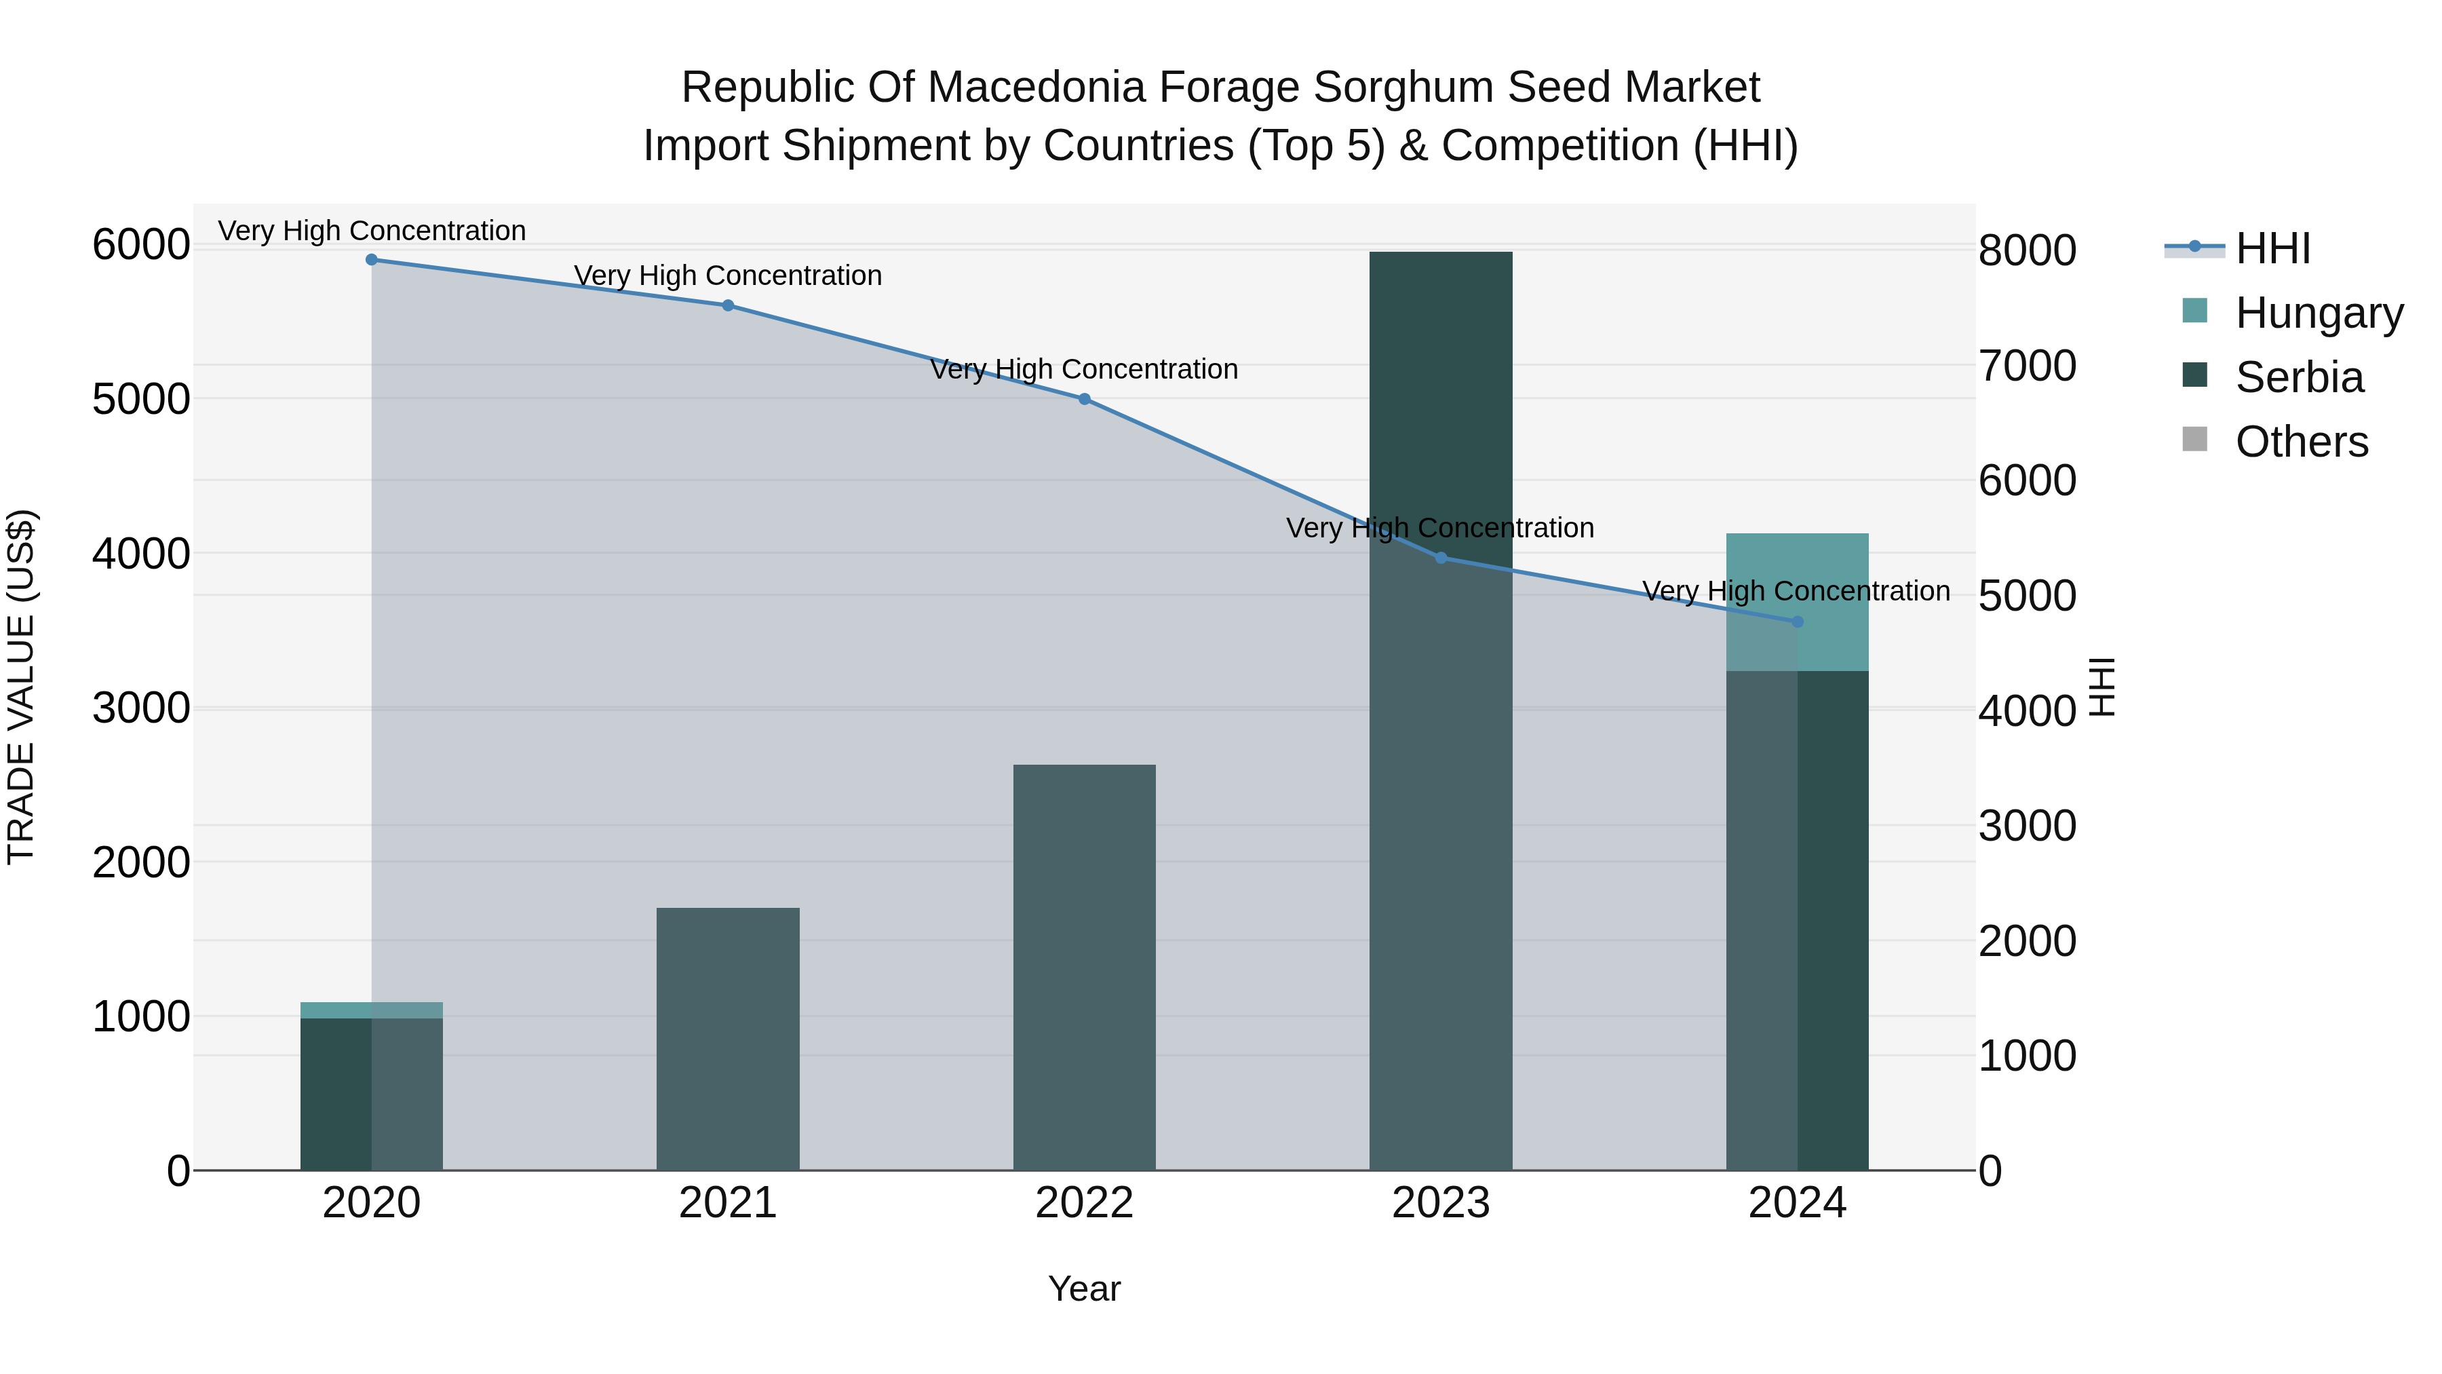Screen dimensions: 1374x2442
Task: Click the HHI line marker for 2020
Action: pyautogui.click(x=372, y=260)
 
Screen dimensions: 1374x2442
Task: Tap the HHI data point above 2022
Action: pyautogui.click(x=1085, y=399)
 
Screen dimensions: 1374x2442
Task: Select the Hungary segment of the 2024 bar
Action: pyautogui.click(x=1798, y=602)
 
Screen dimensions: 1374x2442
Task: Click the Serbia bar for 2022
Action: pyautogui.click(x=1085, y=967)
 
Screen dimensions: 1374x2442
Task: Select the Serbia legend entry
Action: pyautogui.click(x=2299, y=377)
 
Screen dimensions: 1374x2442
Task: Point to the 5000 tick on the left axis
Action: pyautogui.click(x=141, y=399)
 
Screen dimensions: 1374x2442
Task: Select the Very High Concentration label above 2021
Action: pyautogui.click(x=728, y=276)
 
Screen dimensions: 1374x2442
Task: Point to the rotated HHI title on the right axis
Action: pyautogui.click(x=2103, y=687)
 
